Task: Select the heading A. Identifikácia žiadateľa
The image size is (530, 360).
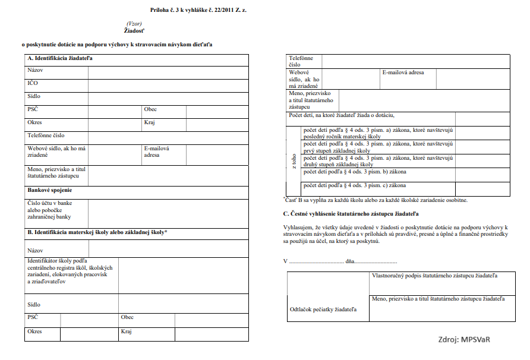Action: [x=60, y=58]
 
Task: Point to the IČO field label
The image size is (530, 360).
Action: [x=33, y=83]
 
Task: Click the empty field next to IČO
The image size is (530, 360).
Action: [x=168, y=85]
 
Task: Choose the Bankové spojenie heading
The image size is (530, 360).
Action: [x=50, y=190]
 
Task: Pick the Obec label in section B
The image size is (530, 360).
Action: [x=127, y=317]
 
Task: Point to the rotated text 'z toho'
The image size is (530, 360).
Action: [x=294, y=161]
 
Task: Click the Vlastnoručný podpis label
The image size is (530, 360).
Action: [x=434, y=276]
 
